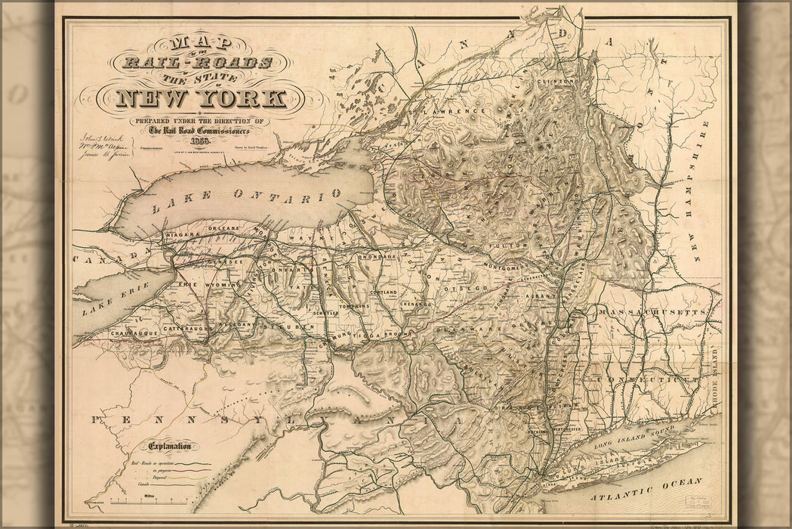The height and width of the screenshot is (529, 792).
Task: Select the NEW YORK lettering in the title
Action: coord(201,98)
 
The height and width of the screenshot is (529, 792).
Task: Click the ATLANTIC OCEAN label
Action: coord(646,488)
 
